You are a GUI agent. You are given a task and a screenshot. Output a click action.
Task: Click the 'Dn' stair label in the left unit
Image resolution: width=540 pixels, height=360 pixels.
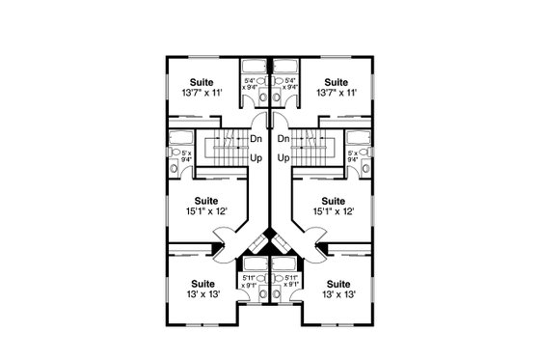256,139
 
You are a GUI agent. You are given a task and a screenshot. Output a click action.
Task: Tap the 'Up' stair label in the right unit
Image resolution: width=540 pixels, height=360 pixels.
283,156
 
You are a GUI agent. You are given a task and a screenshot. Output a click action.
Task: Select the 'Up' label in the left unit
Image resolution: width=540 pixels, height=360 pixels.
256,156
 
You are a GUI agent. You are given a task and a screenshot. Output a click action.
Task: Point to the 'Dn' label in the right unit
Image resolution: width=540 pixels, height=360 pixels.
283,139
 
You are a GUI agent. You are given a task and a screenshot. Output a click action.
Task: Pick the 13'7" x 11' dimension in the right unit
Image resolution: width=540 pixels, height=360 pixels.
336,95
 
